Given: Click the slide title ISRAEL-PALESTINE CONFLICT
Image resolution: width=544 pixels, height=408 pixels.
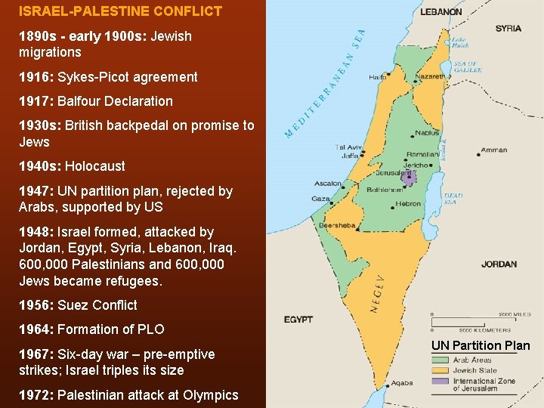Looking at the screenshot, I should click(x=121, y=11).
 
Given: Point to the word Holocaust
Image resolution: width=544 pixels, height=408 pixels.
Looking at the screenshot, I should click(x=95, y=166).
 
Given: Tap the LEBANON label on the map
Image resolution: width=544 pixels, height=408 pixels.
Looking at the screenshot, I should click(x=441, y=12).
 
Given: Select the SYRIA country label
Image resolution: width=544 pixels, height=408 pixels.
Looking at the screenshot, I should click(x=508, y=29).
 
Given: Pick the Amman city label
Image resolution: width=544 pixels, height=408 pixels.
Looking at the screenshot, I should click(x=493, y=150).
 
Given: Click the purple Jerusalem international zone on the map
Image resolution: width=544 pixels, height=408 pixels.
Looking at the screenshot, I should click(x=409, y=178).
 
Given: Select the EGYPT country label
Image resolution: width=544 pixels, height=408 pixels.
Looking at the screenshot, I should click(x=298, y=320).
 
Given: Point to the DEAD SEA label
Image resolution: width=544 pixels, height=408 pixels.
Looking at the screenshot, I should click(x=453, y=199).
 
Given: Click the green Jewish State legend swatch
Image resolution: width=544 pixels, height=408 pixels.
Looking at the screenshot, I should click(x=440, y=370).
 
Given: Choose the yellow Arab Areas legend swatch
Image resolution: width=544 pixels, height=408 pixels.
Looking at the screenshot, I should click(x=440, y=360).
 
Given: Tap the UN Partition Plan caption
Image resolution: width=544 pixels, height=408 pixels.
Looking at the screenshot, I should click(x=481, y=346).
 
